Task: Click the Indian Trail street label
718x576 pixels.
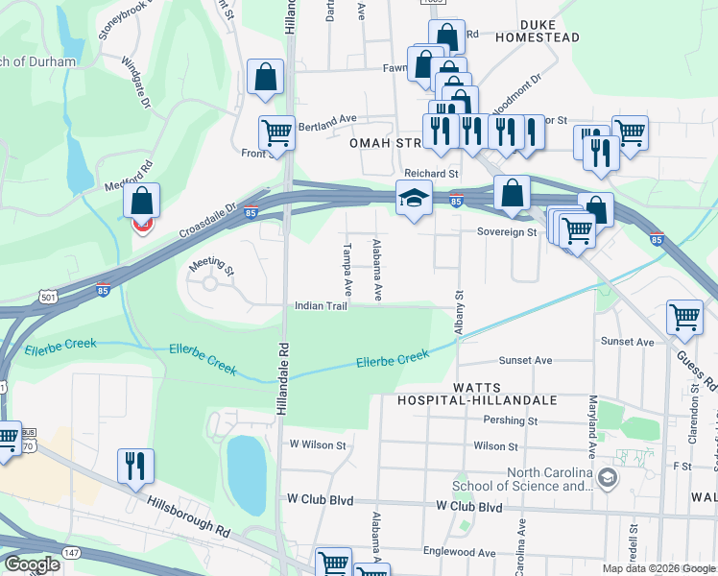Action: coord(321,306)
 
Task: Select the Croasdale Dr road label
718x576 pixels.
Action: coord(207,221)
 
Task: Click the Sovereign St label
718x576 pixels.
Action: coord(506,231)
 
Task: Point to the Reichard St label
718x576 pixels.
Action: coord(431,174)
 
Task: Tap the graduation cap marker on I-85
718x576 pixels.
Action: coord(414,200)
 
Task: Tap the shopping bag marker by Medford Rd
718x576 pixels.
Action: coord(141,202)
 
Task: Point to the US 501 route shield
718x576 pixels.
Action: coord(23,299)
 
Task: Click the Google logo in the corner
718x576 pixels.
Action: coord(31,564)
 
